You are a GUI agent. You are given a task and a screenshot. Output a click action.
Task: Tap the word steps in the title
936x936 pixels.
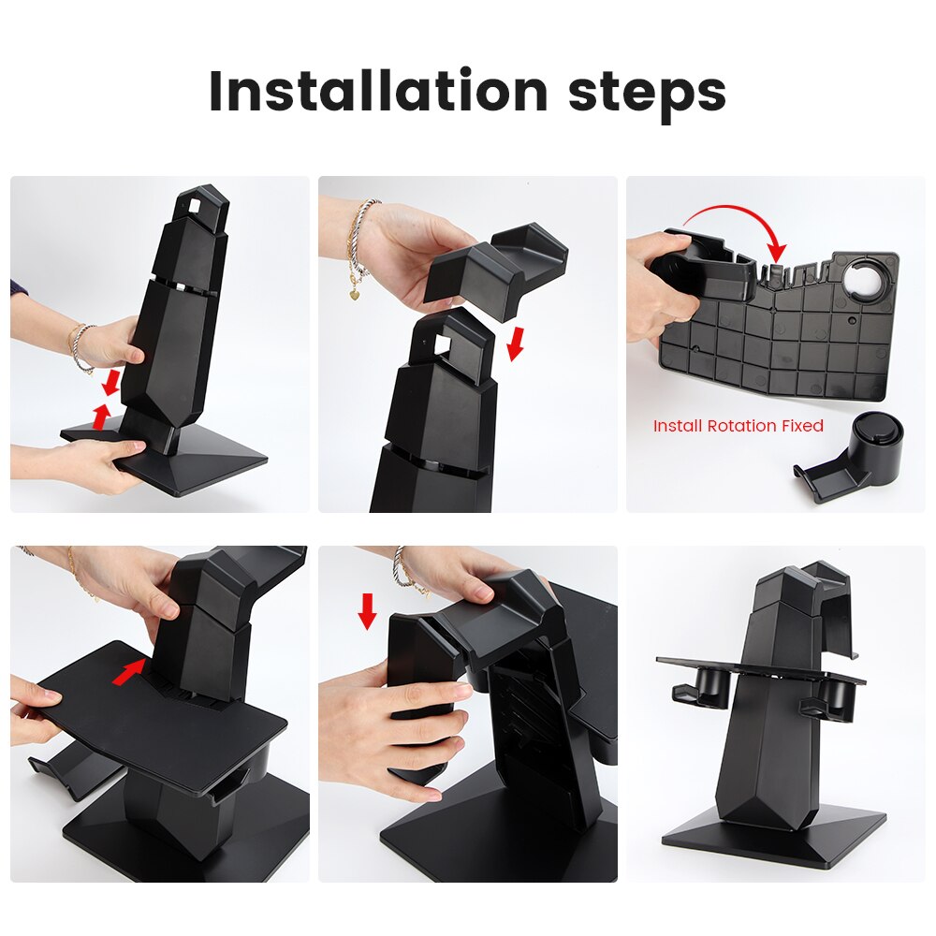pyautogui.click(x=647, y=93)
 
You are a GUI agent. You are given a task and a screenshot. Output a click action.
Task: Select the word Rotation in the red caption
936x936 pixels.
pyautogui.click(x=739, y=426)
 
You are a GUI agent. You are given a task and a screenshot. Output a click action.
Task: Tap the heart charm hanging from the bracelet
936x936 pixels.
pyautogui.click(x=356, y=293)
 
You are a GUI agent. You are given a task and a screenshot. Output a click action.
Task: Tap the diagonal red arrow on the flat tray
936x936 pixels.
pyautogui.click(x=129, y=671)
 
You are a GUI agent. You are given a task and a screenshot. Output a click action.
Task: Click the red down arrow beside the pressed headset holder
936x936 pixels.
pyautogui.click(x=368, y=609)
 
